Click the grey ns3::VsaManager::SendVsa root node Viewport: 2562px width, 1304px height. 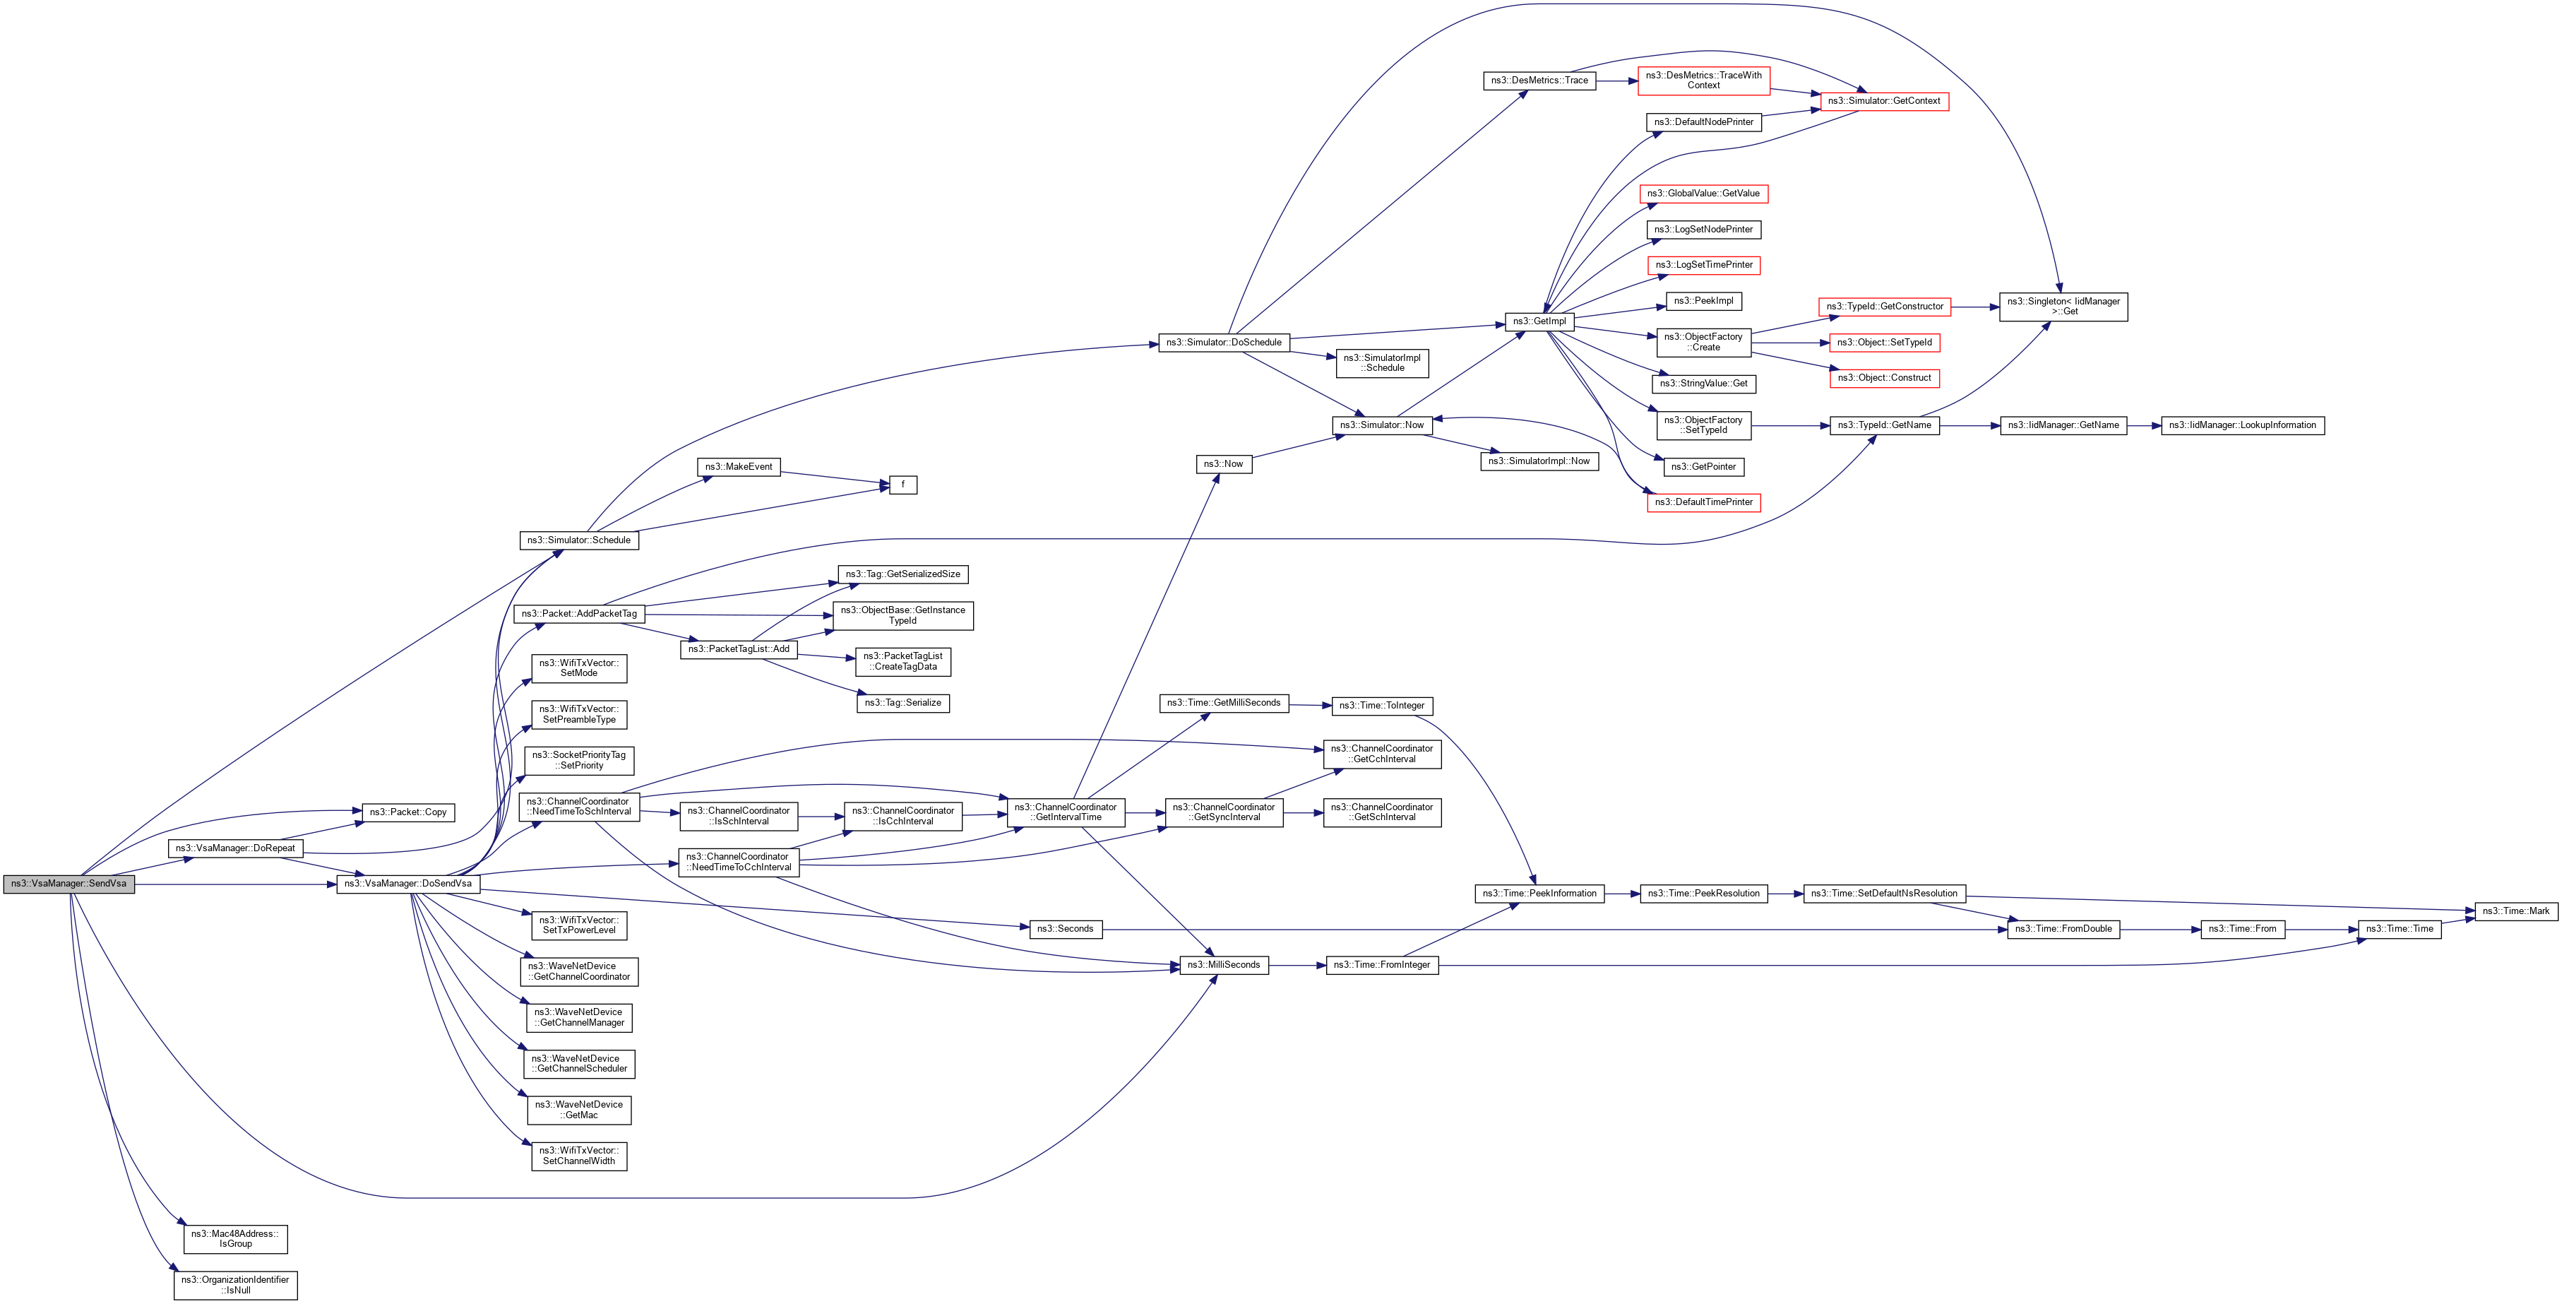[x=68, y=883]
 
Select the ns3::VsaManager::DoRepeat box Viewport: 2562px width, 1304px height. [x=236, y=848]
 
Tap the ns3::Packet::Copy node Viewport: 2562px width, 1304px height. [x=407, y=812]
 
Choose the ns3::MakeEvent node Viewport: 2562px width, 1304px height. [x=739, y=466]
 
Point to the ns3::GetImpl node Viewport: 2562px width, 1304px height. [x=1539, y=321]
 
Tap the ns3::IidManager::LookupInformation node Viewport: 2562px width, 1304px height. [x=2243, y=426]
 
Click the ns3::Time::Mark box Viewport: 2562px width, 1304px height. [x=2516, y=911]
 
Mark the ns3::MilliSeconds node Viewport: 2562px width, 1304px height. [x=1223, y=965]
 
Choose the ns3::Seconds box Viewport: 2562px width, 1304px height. [x=1065, y=929]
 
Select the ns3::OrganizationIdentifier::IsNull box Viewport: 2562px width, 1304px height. [x=236, y=1285]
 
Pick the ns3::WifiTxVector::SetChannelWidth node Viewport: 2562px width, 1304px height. [x=579, y=1156]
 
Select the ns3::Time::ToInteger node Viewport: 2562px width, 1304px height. [x=1381, y=706]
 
